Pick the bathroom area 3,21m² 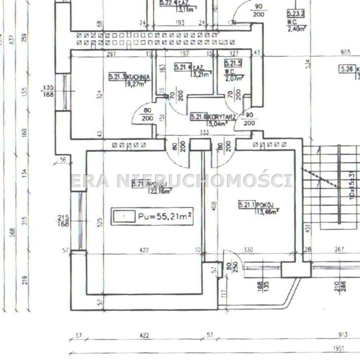click(202, 75)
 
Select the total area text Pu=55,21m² click(164, 217)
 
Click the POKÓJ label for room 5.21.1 click(265, 205)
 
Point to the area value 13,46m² click(267, 212)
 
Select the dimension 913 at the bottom click(343, 335)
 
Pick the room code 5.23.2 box click(296, 14)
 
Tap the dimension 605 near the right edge click(345, 53)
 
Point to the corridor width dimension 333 click(204, 132)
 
